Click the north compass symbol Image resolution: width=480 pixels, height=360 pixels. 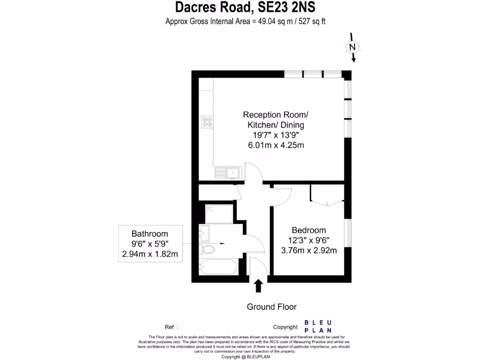[x=352, y=47]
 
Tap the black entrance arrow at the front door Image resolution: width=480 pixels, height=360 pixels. [x=258, y=285]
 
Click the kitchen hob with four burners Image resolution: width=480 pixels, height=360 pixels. [x=207, y=122]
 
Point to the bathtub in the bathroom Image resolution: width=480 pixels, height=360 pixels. [x=217, y=268]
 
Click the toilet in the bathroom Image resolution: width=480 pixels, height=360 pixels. [x=207, y=248]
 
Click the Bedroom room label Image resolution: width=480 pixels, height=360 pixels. [x=308, y=230]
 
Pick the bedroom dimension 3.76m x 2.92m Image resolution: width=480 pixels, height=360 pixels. [x=308, y=250]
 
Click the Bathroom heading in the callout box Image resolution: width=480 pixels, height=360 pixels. [x=150, y=233]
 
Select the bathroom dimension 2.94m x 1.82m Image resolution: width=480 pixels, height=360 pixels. [x=150, y=254]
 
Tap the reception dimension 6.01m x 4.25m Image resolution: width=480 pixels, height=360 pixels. [x=276, y=145]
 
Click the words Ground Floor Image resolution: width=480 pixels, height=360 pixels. [x=272, y=307]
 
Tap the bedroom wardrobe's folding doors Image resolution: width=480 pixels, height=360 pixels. [x=327, y=202]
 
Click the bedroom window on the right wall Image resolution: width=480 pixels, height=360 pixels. [x=348, y=232]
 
